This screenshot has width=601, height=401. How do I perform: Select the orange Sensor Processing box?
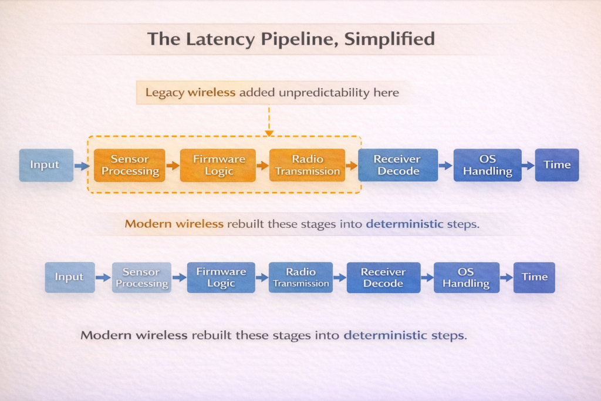tap(129, 165)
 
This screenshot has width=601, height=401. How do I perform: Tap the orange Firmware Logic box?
tap(218, 165)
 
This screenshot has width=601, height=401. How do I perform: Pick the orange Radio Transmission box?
tap(308, 165)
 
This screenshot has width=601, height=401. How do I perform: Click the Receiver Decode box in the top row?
tap(397, 165)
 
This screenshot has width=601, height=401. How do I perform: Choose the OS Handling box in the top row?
tap(487, 165)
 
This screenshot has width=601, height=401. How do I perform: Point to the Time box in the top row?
tap(556, 165)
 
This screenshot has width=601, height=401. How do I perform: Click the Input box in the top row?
tap(46, 165)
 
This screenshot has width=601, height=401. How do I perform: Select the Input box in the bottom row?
tap(69, 277)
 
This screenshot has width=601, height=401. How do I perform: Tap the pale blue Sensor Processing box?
tap(141, 277)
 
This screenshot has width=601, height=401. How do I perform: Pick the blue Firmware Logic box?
tap(221, 277)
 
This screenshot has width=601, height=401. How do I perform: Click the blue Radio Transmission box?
tap(300, 277)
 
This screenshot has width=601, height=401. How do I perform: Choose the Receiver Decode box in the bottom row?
tap(383, 277)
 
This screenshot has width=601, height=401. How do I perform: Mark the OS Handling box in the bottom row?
tap(466, 277)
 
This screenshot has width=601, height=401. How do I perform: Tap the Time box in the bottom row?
tap(534, 277)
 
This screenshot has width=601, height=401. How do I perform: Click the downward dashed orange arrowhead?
tap(269, 133)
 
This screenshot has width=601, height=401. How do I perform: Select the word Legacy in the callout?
tap(164, 93)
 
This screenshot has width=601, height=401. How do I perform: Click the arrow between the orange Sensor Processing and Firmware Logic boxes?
tap(173, 166)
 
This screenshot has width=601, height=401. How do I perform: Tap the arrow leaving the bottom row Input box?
tap(103, 278)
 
